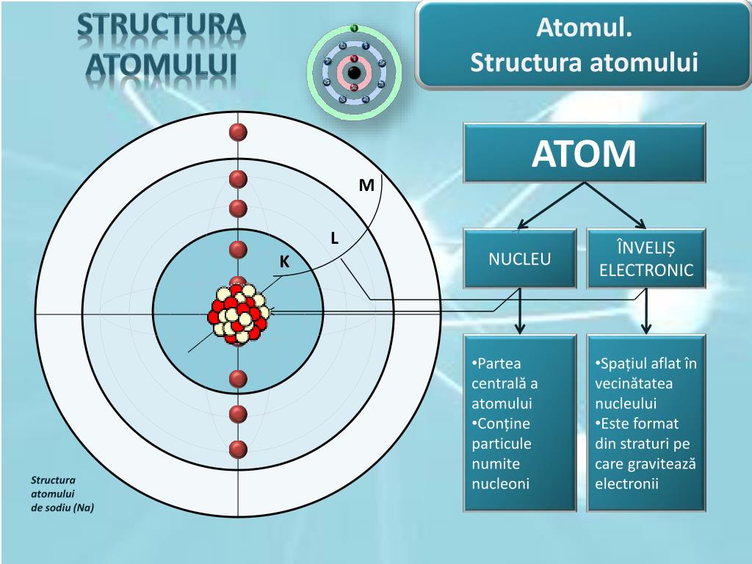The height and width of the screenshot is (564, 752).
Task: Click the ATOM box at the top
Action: click(x=584, y=153)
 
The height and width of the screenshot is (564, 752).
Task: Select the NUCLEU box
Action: click(x=520, y=258)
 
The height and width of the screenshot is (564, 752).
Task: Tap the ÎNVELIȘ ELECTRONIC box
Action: click(x=646, y=258)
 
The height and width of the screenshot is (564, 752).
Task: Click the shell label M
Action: click(x=366, y=186)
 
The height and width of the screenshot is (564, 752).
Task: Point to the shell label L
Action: click(x=334, y=238)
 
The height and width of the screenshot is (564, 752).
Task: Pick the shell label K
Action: click(x=285, y=262)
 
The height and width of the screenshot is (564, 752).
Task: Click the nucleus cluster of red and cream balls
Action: click(x=239, y=314)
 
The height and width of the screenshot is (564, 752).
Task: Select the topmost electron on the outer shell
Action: click(x=237, y=132)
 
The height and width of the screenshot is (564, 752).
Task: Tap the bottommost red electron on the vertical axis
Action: click(x=237, y=449)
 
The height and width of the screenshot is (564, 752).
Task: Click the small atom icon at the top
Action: click(x=354, y=72)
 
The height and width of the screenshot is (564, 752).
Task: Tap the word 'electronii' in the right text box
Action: click(x=627, y=484)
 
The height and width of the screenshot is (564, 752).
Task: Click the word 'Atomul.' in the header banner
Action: click(x=584, y=29)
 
